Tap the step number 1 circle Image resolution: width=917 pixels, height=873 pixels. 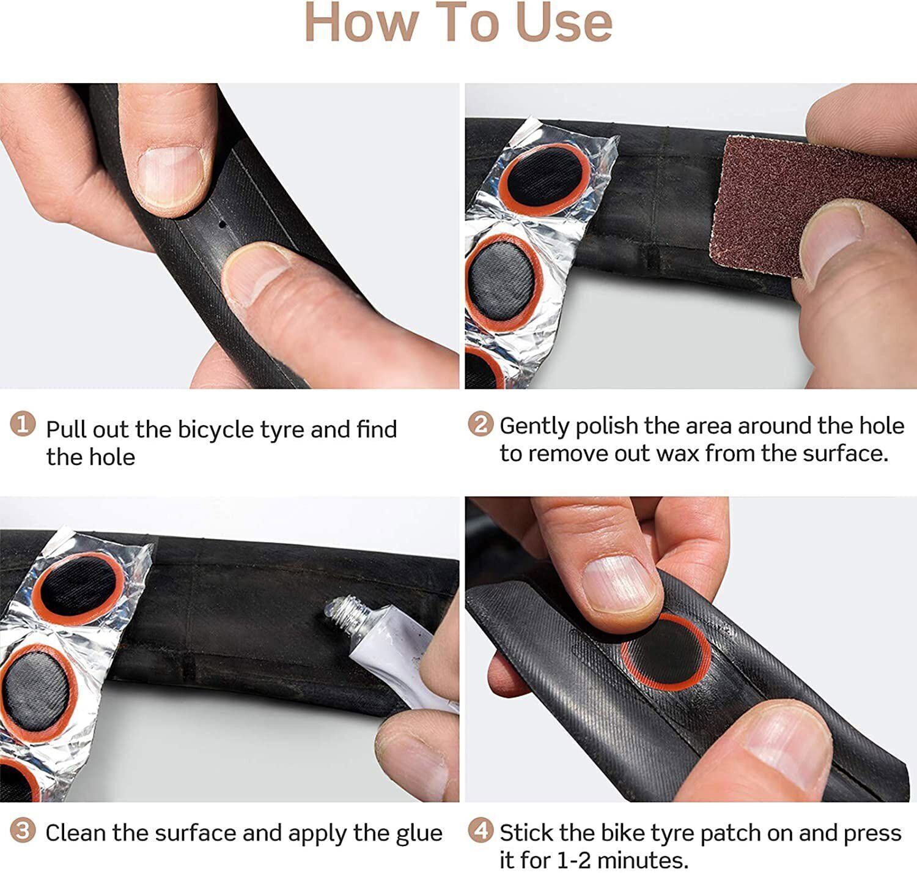click(x=23, y=424)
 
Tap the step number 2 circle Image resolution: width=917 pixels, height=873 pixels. click(x=480, y=423)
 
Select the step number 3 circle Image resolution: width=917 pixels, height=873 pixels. click(x=23, y=830)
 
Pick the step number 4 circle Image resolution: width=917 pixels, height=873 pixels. click(x=480, y=830)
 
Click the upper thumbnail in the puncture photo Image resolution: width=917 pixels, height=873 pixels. click(x=169, y=176)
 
